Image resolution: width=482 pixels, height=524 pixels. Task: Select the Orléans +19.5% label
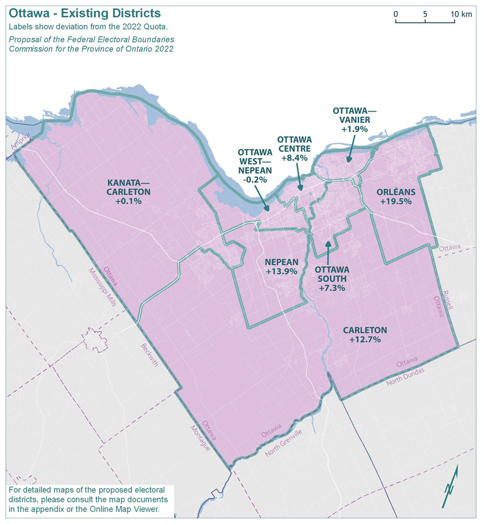click(396, 196)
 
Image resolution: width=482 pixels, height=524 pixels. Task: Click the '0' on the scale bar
click(395, 13)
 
